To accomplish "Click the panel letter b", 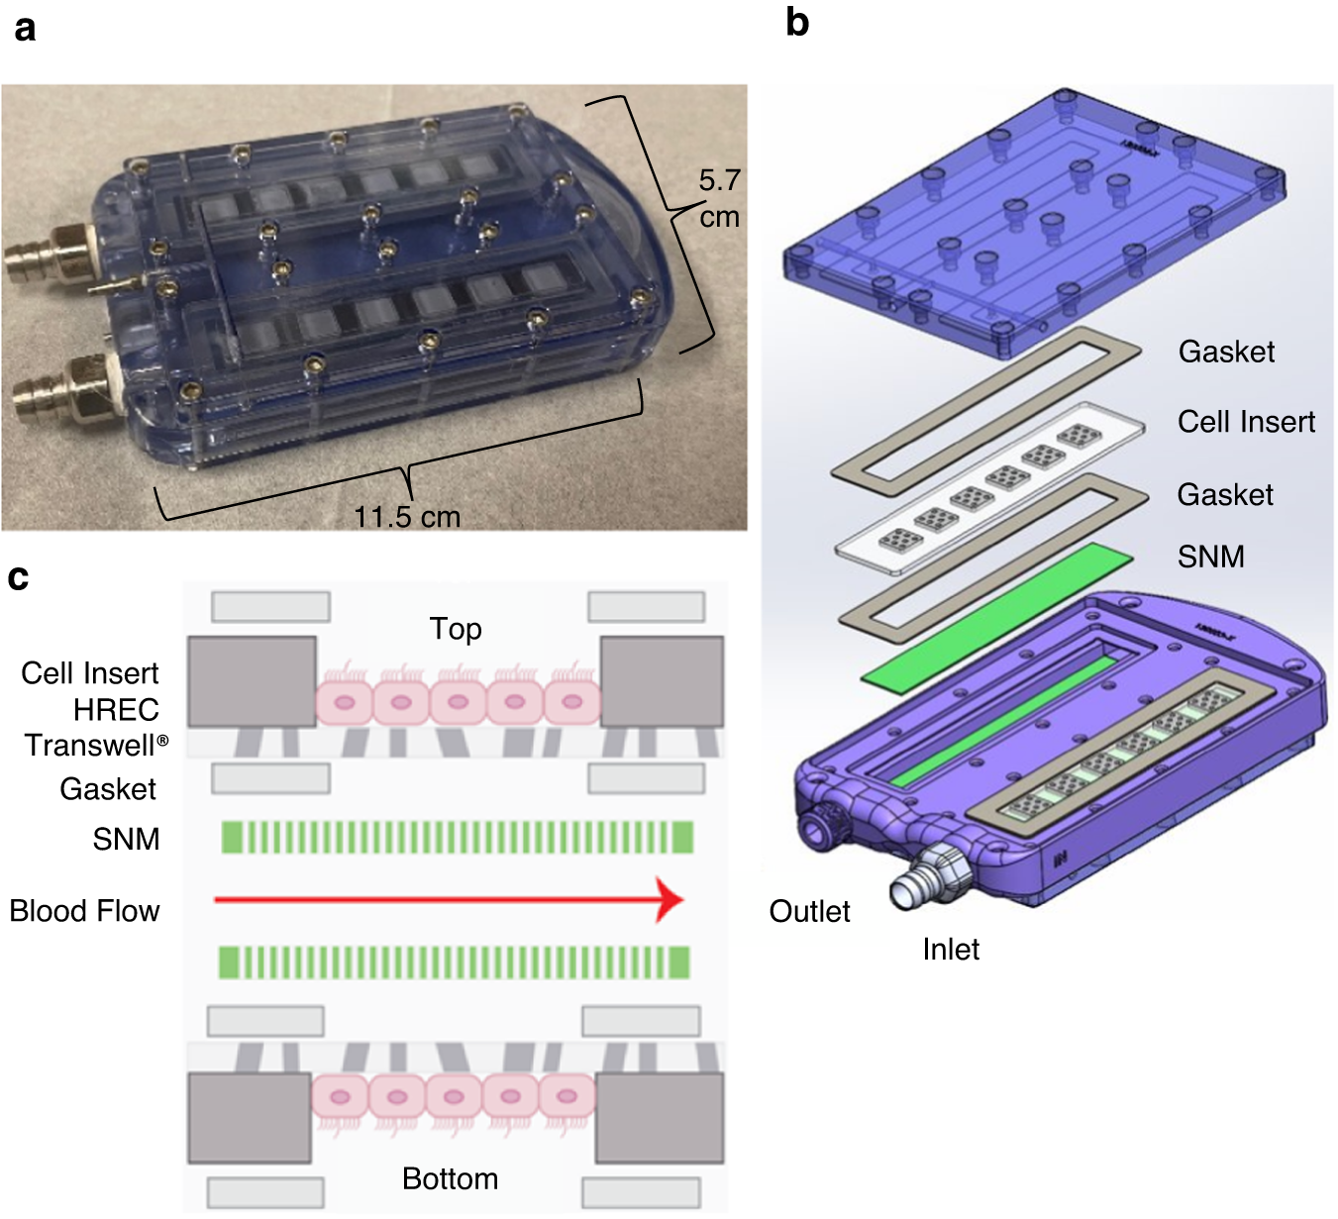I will point(797,22).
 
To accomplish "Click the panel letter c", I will point(18,576).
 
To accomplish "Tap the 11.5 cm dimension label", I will point(407,517).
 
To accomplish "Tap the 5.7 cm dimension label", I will point(719,198).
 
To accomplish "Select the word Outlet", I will point(809,911).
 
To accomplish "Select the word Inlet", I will point(950,949).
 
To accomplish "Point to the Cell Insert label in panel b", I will point(1246,422).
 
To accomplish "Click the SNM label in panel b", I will point(1210,557).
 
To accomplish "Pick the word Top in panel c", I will point(456,629).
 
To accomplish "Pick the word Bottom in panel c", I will point(450,1178).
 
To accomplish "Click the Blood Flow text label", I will point(84,910).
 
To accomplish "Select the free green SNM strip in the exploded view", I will point(996,615).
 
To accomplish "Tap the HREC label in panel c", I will point(116,709).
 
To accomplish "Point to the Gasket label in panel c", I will point(108,788).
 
